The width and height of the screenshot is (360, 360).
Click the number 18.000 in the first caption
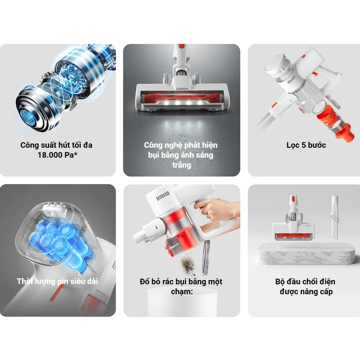(50, 155)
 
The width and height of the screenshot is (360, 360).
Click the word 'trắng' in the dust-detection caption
(182, 165)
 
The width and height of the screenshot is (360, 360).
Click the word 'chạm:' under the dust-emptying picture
(182, 292)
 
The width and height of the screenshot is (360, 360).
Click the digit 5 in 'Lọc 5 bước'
(304, 145)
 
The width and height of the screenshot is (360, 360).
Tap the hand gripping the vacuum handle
(215, 210)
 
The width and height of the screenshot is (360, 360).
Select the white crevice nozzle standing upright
(335, 217)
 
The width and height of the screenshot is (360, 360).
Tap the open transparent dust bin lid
(206, 257)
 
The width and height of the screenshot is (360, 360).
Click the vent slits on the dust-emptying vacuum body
(163, 196)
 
